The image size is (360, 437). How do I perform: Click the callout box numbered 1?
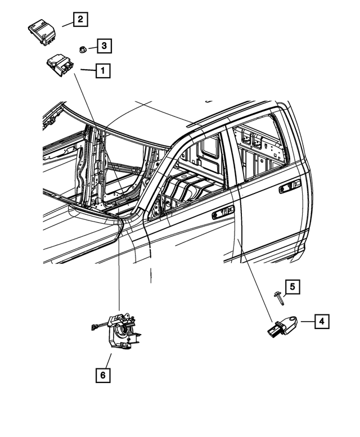tap(102, 71)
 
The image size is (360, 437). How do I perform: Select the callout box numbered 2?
tap(80, 20)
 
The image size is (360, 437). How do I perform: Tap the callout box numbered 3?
tap(103, 46)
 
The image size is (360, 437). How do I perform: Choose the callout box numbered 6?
tap(102, 374)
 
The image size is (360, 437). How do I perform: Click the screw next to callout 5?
tap(279, 298)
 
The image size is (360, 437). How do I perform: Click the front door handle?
tap(223, 213)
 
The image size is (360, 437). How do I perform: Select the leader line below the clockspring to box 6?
tap(109, 360)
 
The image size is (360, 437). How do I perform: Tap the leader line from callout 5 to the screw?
tap(283, 291)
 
